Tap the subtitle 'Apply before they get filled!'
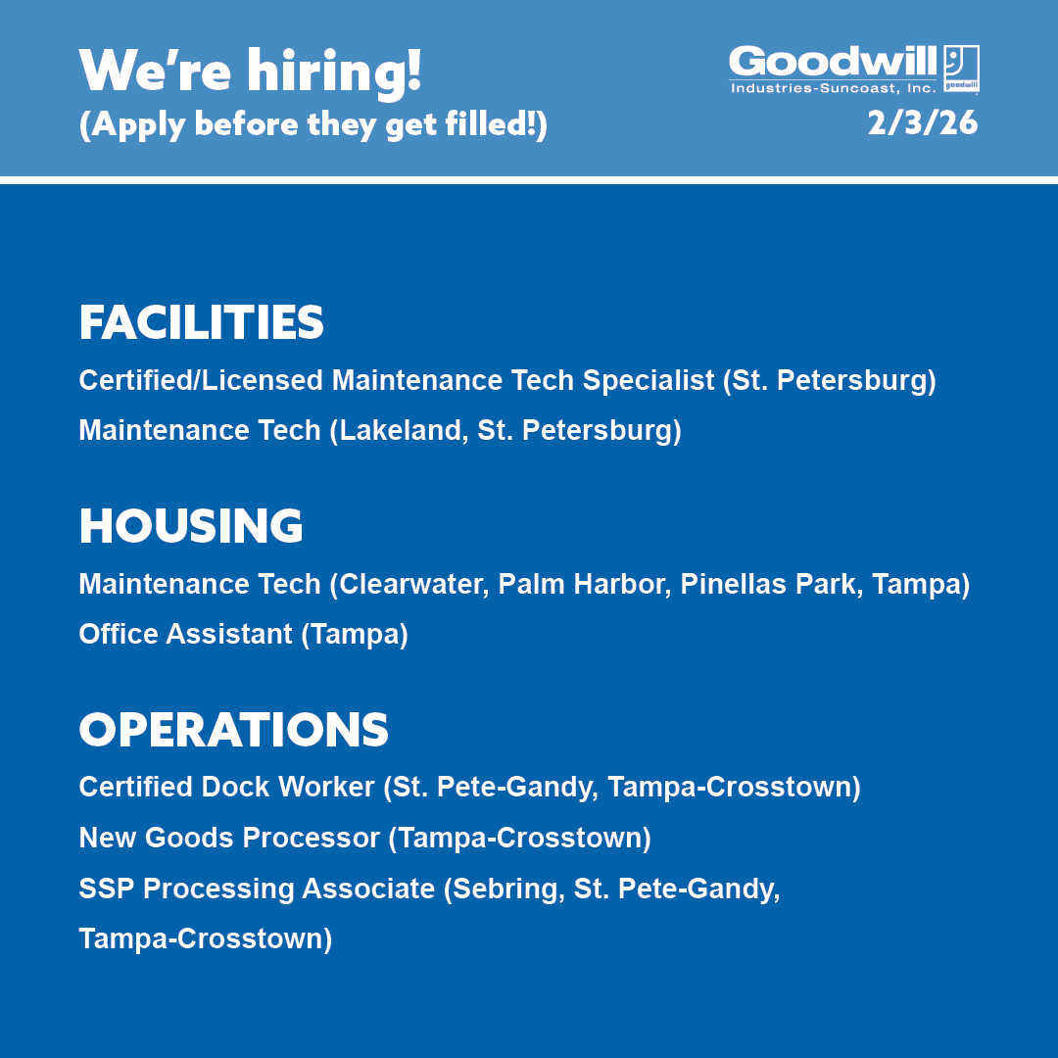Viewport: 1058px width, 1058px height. pyautogui.click(x=313, y=126)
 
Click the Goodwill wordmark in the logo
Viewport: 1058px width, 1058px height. pyautogui.click(x=833, y=63)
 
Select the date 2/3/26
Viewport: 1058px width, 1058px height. pyautogui.click(x=922, y=123)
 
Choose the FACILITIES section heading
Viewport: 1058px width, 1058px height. pyautogui.click(x=201, y=323)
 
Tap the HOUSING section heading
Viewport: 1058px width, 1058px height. pyautogui.click(x=191, y=526)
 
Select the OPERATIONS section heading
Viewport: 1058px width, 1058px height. pyautogui.click(x=233, y=730)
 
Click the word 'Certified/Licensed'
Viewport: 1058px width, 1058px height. pyautogui.click(x=202, y=380)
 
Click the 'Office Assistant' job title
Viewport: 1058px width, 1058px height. pyautogui.click(x=185, y=634)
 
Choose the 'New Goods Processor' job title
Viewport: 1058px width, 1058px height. pyautogui.click(x=228, y=838)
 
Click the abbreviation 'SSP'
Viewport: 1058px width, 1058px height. pyautogui.click(x=107, y=889)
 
